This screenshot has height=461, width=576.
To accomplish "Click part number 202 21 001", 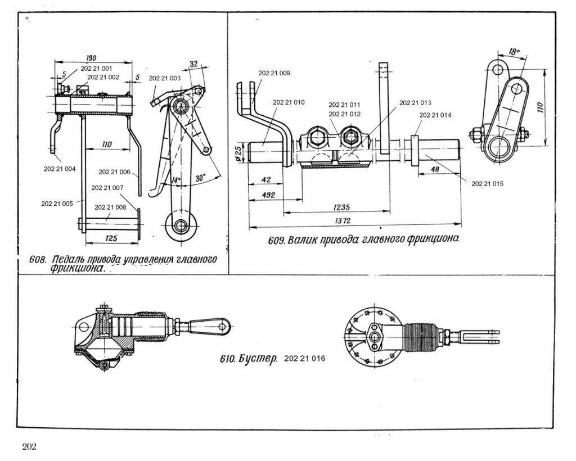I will click(96, 68).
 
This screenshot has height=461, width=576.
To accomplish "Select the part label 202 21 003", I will click(165, 78).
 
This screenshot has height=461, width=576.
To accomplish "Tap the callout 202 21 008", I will click(110, 207).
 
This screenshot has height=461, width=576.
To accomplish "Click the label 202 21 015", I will click(487, 184).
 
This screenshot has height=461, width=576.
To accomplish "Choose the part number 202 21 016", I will click(305, 358).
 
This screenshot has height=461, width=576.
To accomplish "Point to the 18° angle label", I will click(513, 51).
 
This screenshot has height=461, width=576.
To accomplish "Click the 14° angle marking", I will click(176, 180).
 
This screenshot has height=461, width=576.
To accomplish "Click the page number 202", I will click(29, 448).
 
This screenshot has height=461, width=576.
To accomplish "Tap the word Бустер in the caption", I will click(257, 359).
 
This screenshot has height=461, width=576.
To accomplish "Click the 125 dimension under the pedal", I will click(111, 238).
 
